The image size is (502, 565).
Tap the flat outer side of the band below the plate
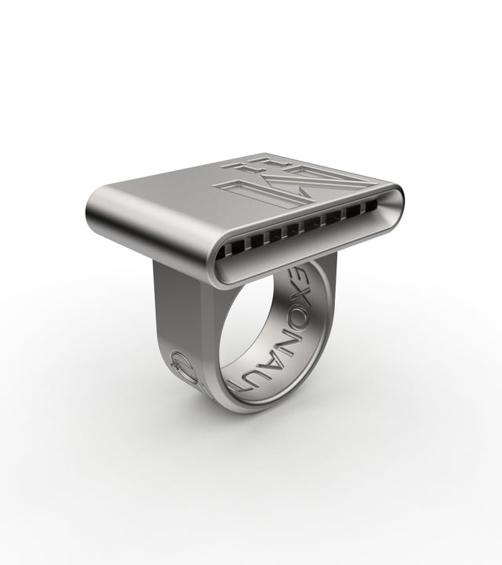[x=176, y=314]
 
